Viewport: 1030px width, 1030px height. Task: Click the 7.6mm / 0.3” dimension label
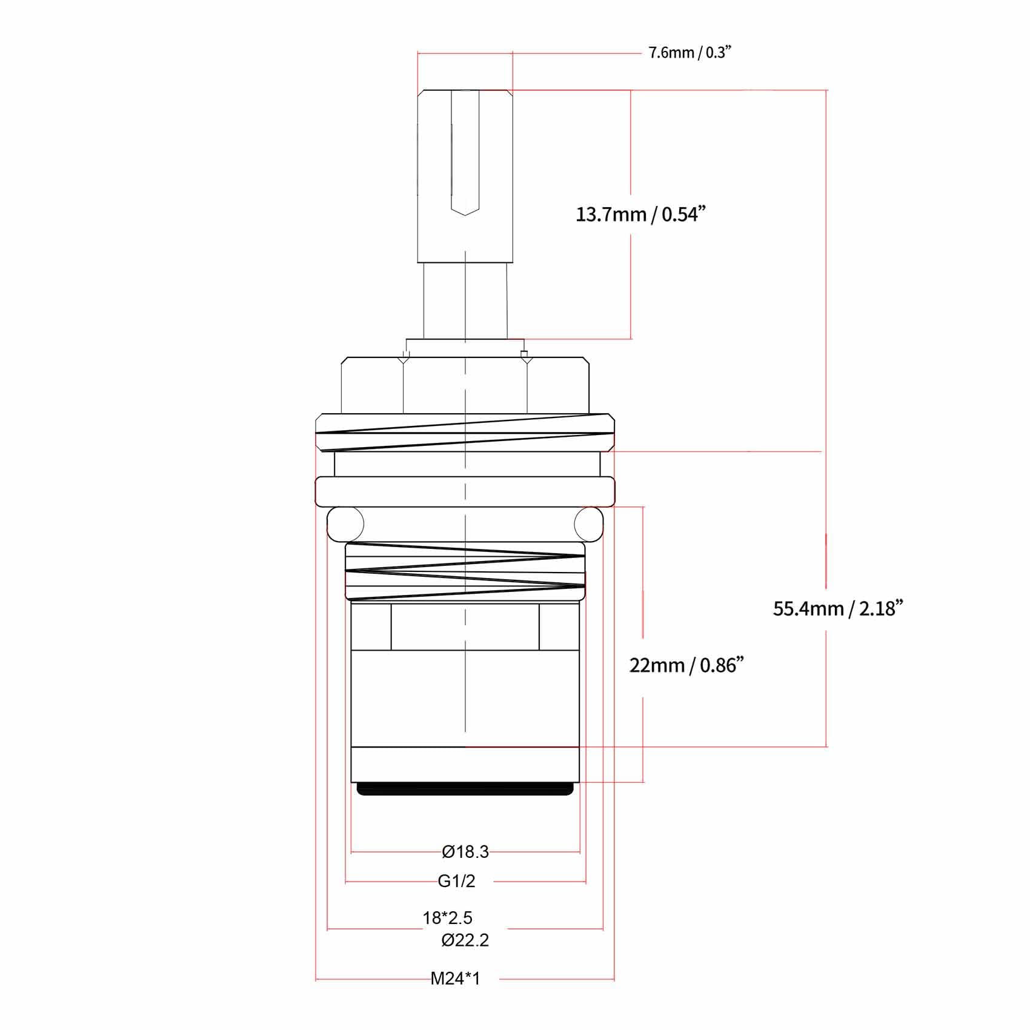[690, 52]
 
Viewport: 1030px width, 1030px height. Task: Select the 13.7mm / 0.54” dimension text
[641, 214]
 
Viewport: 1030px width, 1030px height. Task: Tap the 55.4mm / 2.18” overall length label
[838, 608]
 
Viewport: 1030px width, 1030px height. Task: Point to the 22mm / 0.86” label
[686, 665]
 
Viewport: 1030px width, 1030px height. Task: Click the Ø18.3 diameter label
[465, 852]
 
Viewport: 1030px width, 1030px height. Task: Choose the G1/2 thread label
[456, 881]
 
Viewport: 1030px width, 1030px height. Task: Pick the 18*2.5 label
[447, 918]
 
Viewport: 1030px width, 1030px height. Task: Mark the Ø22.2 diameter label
[465, 940]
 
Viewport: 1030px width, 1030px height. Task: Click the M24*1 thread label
[455, 978]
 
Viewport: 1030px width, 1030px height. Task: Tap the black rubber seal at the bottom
[465, 789]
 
